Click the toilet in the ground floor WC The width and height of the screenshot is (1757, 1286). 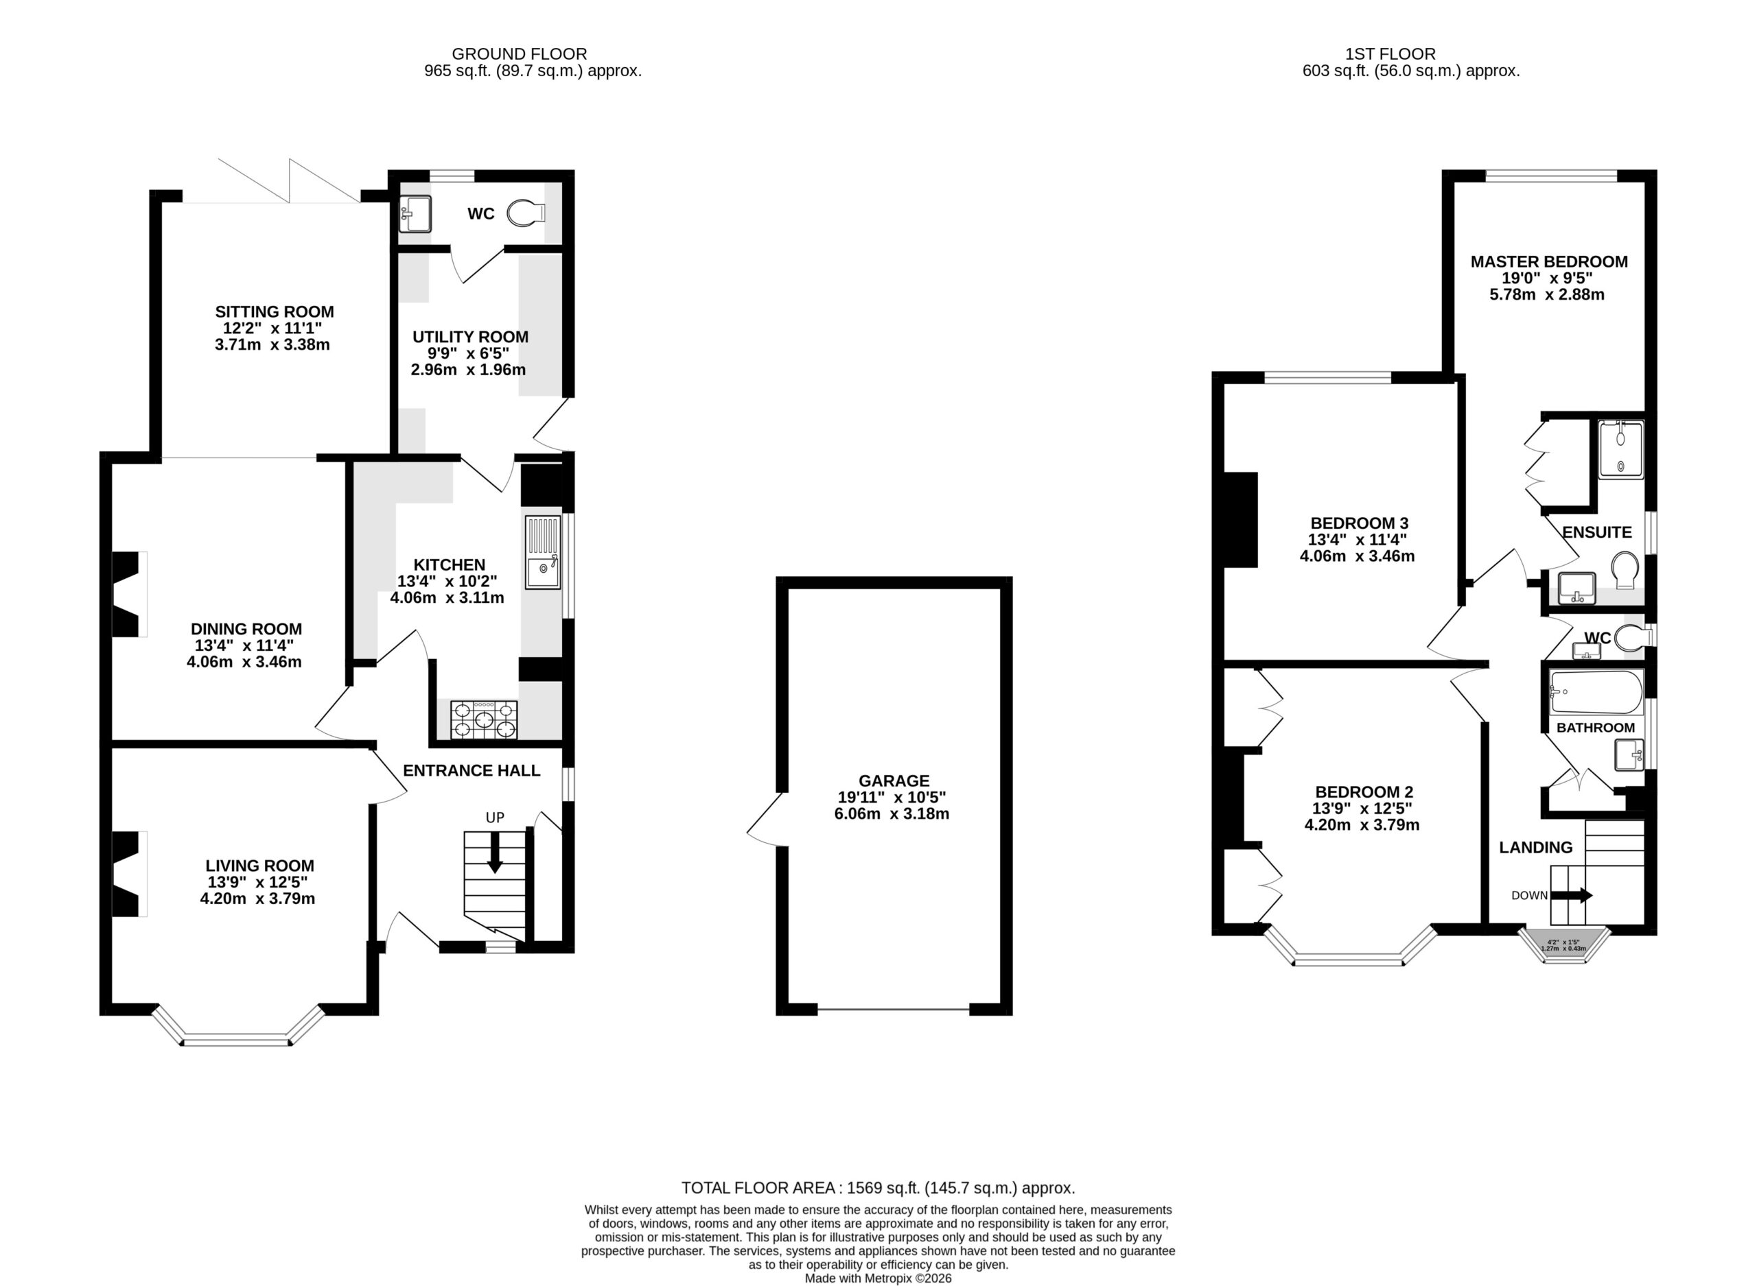pyautogui.click(x=526, y=213)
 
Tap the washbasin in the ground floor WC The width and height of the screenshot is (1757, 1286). pyautogui.click(x=415, y=214)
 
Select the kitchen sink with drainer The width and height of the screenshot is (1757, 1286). pyautogui.click(x=543, y=552)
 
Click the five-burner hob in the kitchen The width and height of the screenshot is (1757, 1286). pyautogui.click(x=484, y=719)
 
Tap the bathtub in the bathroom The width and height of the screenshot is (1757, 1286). pyautogui.click(x=1596, y=692)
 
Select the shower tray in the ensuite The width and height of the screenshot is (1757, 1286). pyautogui.click(x=1620, y=450)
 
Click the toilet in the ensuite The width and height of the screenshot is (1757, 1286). pyautogui.click(x=1625, y=571)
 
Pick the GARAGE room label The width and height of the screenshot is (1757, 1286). pyautogui.click(x=894, y=781)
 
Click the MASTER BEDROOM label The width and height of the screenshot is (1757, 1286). pyautogui.click(x=1549, y=261)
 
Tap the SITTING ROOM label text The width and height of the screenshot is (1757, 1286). pyautogui.click(x=274, y=311)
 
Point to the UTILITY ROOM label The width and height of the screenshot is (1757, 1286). pyautogui.click(x=470, y=337)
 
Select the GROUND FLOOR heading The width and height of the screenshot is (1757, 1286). pyautogui.click(x=520, y=53)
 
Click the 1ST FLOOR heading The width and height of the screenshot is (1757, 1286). pyautogui.click(x=1391, y=53)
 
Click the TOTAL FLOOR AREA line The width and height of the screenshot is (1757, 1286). pyautogui.click(x=878, y=1188)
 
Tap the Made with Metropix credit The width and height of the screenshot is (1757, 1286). pyautogui.click(x=878, y=1278)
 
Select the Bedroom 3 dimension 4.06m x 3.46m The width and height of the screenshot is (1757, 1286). pyautogui.click(x=1358, y=556)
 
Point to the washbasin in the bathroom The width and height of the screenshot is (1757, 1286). pyautogui.click(x=1629, y=754)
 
